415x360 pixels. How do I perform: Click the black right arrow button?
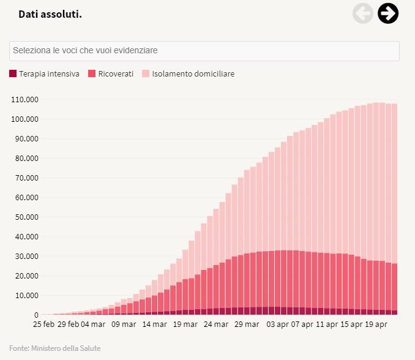pos(388,13)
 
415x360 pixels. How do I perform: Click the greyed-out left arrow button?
pos(363,13)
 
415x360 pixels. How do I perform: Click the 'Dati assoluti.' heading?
pos(50,13)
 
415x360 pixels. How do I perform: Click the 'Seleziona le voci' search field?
pos(204,51)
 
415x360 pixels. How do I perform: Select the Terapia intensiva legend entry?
pos(44,74)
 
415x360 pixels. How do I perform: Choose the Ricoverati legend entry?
pos(111,74)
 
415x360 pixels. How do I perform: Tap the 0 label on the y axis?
pos(36,315)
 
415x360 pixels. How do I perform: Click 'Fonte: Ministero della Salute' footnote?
pos(55,348)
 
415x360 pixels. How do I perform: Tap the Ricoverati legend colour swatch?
pos(92,74)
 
